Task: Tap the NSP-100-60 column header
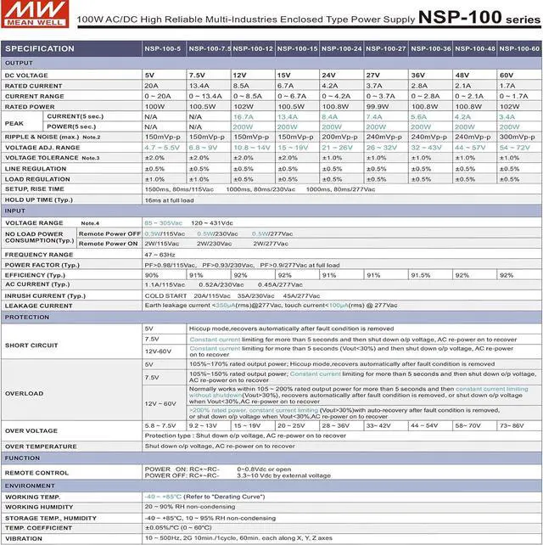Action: [519, 49]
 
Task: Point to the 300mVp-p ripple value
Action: [517, 137]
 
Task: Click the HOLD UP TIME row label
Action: [41, 200]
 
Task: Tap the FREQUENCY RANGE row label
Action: [39, 255]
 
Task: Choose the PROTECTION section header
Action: [27, 317]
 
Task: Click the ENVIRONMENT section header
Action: [31, 486]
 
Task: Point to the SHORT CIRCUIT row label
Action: [31, 346]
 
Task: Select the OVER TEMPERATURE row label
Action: [41, 446]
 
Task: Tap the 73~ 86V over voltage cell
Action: [512, 425]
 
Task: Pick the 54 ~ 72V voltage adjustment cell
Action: [514, 147]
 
